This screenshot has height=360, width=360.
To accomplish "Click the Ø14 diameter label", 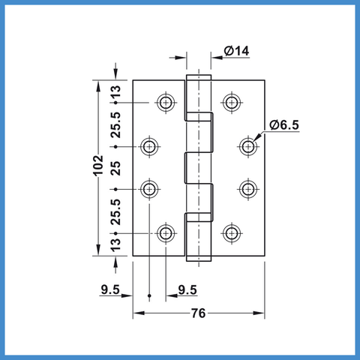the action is tap(236, 51).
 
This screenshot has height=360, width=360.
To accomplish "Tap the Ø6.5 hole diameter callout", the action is tap(284, 124).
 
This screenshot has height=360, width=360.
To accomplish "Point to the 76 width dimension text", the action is tap(198, 313).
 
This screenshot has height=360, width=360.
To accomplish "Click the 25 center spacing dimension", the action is tap(115, 168).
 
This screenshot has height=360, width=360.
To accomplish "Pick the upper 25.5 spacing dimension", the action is tap(115, 125).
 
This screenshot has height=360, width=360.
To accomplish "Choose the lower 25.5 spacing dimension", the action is tap(115, 212).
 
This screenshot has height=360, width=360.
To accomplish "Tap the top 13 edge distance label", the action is tap(115, 91).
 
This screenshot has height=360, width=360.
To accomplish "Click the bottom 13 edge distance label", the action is tap(115, 244).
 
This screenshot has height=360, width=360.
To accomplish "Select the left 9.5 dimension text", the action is tap(110, 289).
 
